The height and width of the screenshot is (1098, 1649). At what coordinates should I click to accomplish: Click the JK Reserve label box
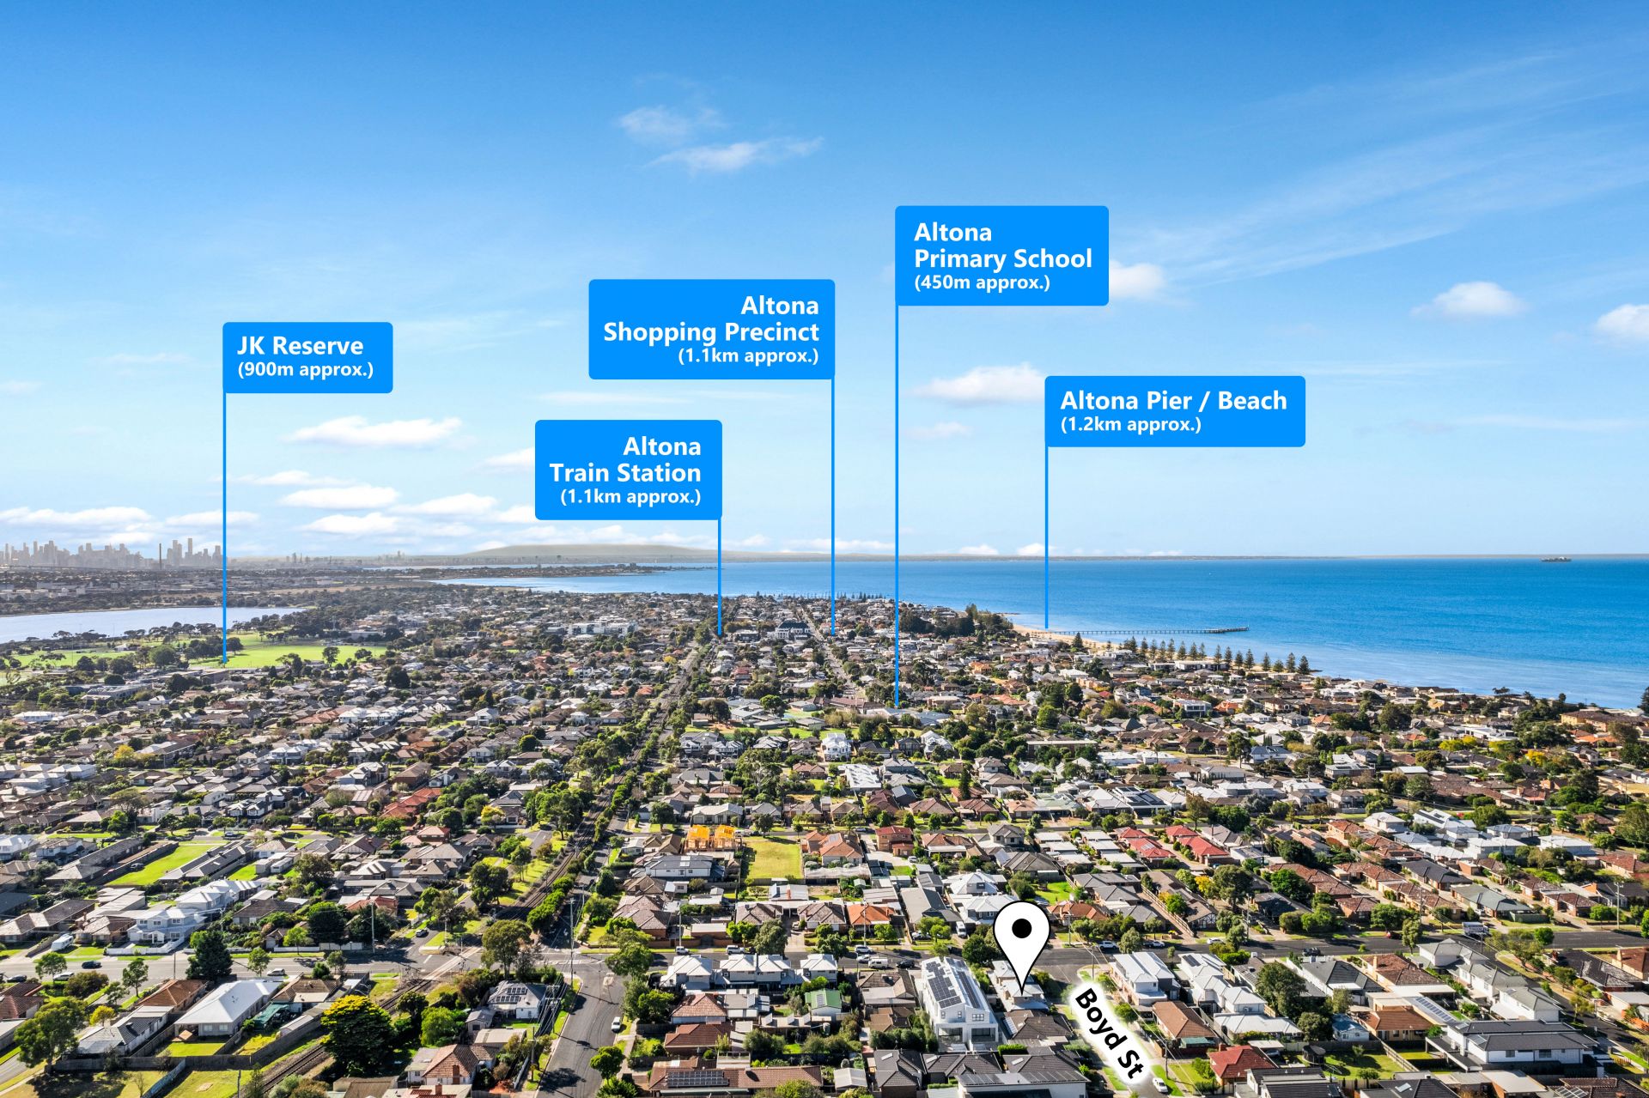(x=307, y=357)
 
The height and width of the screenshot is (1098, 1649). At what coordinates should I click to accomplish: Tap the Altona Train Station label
(x=628, y=470)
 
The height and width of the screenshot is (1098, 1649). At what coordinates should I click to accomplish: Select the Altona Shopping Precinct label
(x=711, y=329)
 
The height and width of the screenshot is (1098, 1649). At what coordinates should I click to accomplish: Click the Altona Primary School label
(x=1001, y=255)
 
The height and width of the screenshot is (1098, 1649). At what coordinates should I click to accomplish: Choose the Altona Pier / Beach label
(x=1175, y=410)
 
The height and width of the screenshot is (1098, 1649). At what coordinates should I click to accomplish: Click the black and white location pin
(x=1022, y=943)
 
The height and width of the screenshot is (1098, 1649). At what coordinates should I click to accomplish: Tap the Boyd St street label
(x=1109, y=1031)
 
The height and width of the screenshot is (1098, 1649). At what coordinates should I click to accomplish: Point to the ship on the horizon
(x=1555, y=559)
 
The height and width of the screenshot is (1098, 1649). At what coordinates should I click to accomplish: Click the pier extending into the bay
(x=1151, y=631)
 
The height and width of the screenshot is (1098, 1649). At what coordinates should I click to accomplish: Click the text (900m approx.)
(x=306, y=370)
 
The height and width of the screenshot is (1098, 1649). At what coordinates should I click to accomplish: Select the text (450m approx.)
(x=982, y=282)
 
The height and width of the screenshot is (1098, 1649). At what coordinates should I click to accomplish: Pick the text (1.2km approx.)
(x=1130, y=424)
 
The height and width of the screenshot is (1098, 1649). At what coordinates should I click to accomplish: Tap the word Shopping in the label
(x=659, y=332)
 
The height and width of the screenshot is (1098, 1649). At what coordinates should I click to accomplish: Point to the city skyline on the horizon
(x=112, y=554)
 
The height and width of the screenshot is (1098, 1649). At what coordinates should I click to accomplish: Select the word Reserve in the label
(x=318, y=346)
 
